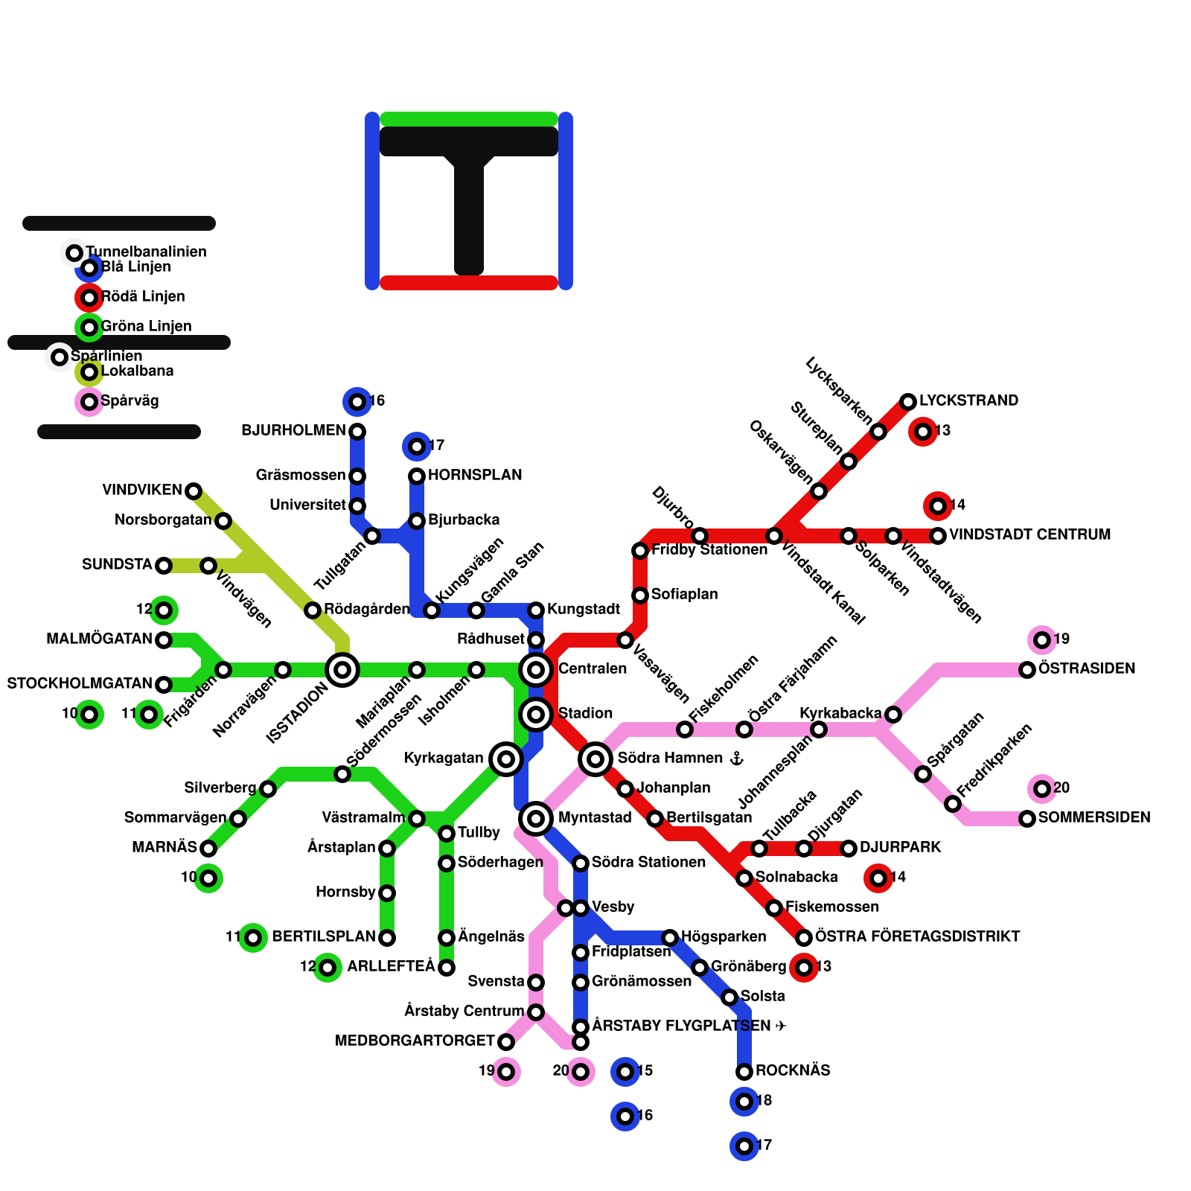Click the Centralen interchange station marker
coord(536,670)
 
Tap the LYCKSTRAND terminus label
coord(968,400)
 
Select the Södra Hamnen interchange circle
coord(595,759)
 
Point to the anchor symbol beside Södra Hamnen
coord(736,759)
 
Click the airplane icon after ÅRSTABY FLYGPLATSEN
coord(781,1026)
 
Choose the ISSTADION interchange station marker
coord(342,670)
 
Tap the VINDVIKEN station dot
coord(194,491)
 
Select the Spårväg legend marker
coord(89,402)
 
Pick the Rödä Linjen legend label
coord(143,296)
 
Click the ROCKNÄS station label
coord(793,1070)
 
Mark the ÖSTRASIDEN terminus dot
coord(1027,670)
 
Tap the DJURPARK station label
coord(900,847)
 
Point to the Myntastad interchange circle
coord(536,819)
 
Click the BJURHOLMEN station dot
coord(357,432)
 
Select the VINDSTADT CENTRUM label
coord(1029,534)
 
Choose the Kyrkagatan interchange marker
coord(506,759)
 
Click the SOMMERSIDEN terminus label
coord(1094,817)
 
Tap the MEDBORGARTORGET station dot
coord(506,1042)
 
